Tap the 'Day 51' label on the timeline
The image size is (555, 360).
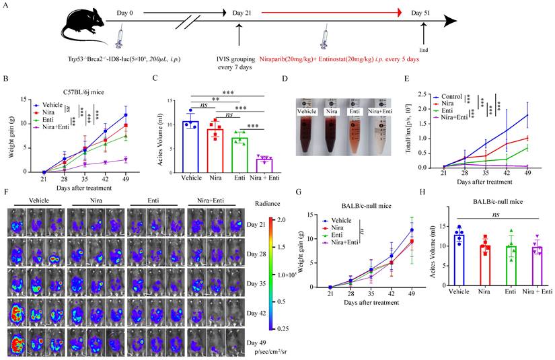click(x=424, y=12)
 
